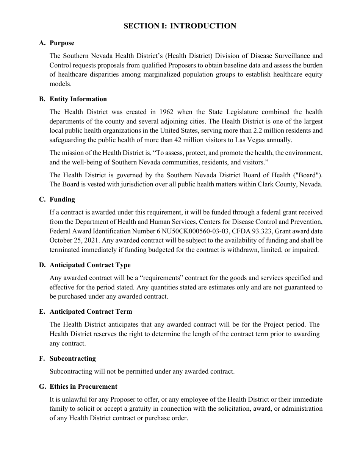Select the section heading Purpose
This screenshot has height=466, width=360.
tap(62, 43)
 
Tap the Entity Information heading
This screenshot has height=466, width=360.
tap(78, 99)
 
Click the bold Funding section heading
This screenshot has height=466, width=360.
tap(62, 199)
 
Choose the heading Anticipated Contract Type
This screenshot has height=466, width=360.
tap(90, 265)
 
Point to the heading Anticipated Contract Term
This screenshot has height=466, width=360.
tap(91, 311)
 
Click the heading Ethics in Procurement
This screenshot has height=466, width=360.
tap(83, 386)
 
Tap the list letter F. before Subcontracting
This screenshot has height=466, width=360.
tap(42, 358)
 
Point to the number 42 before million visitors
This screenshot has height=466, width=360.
tap(178, 140)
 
